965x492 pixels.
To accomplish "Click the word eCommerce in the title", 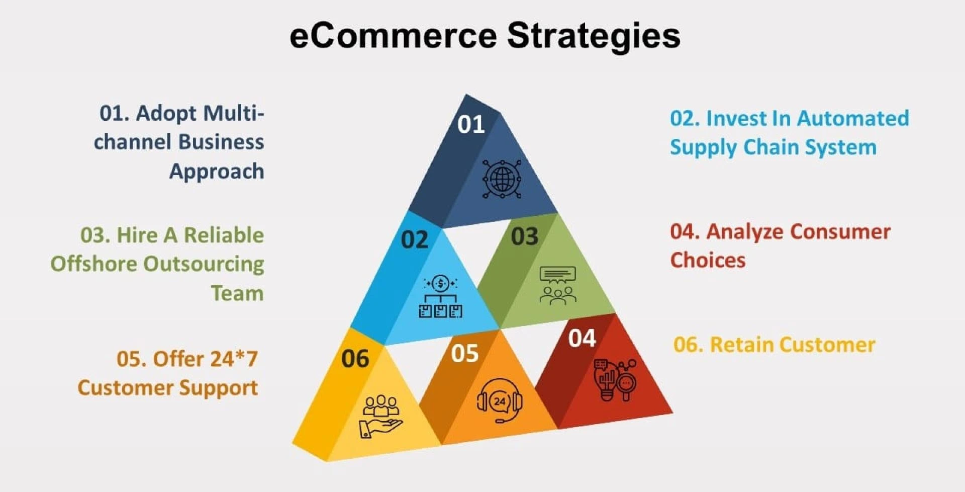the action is [394, 36].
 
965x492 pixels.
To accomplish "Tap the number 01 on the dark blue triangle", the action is [471, 124].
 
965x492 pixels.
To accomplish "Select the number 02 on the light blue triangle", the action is [415, 239].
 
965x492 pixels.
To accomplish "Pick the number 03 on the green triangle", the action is [525, 236].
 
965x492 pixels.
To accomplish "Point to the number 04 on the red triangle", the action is [582, 338].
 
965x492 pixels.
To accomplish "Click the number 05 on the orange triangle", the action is [465, 353].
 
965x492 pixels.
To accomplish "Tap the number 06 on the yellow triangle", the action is [355, 359].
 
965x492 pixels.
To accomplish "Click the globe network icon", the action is [502, 179].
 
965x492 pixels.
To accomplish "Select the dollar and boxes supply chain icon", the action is [441, 296].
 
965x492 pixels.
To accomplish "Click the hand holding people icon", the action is [380, 417].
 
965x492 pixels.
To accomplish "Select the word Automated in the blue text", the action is [853, 119].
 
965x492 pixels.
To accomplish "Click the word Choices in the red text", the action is [708, 260].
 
